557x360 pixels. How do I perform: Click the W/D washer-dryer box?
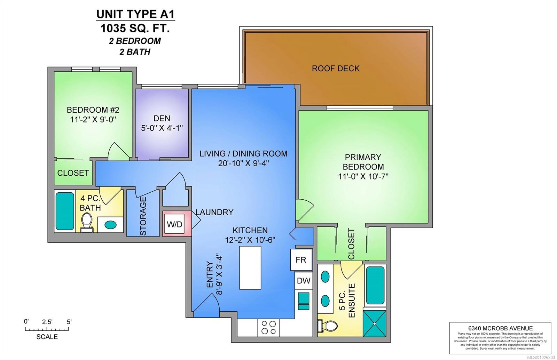pyautogui.click(x=174, y=224)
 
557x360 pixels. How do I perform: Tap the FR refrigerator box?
pyautogui.click(x=301, y=260)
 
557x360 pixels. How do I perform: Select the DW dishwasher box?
pyautogui.click(x=303, y=281)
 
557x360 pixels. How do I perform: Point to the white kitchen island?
pyautogui.click(x=250, y=267)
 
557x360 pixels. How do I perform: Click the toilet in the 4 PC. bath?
pyautogui.click(x=87, y=223)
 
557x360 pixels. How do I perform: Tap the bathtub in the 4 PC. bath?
pyautogui.click(x=65, y=211)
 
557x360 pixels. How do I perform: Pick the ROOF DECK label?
pyautogui.click(x=336, y=69)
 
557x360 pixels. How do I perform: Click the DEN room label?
pyautogui.click(x=162, y=119)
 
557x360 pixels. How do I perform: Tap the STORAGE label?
pyautogui.click(x=143, y=216)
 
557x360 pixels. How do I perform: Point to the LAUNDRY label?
pyautogui.click(x=214, y=212)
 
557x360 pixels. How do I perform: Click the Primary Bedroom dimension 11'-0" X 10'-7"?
pyautogui.click(x=363, y=176)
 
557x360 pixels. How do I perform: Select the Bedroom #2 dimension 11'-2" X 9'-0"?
pyautogui.click(x=93, y=119)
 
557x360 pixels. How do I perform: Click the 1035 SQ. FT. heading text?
pyautogui.click(x=135, y=28)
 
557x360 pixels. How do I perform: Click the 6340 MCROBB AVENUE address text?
pyautogui.click(x=500, y=328)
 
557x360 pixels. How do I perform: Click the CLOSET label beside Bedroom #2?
pyautogui.click(x=73, y=173)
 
